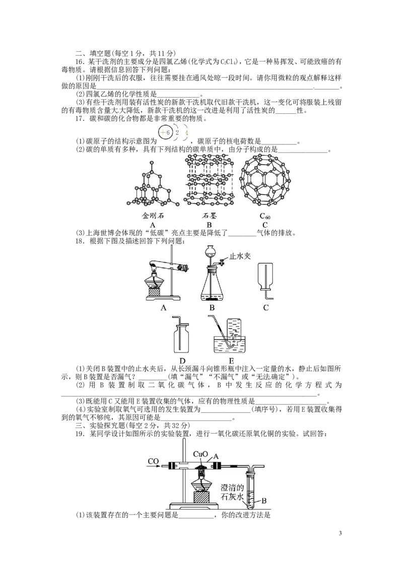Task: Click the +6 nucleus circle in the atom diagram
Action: [165, 132]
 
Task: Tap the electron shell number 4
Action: [186, 133]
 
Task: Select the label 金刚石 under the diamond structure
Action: [153, 216]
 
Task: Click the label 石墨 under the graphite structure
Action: [209, 216]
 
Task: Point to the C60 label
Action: [265, 217]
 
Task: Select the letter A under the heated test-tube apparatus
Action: [163, 308]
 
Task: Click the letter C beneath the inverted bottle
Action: [265, 308]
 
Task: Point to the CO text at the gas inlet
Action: [154, 461]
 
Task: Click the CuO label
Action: [200, 454]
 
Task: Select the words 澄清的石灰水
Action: [232, 493]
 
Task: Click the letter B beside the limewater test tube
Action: [264, 501]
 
